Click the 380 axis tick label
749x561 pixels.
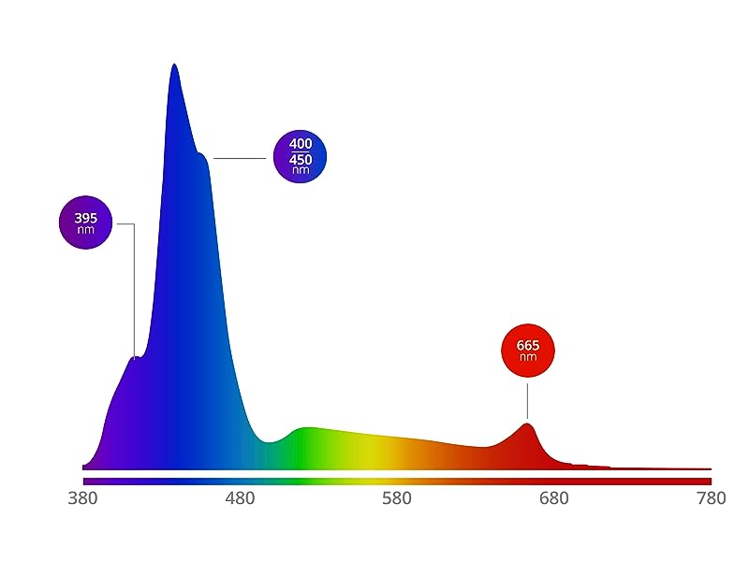coord(83,499)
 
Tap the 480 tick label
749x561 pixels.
coord(241,499)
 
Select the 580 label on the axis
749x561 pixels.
coord(397,499)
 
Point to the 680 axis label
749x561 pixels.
coord(554,499)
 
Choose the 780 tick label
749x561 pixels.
coord(711,499)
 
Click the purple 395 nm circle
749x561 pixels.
coord(85,223)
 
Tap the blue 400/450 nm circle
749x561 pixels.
coord(300,156)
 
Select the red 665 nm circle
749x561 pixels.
coord(528,351)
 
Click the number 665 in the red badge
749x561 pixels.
coord(528,345)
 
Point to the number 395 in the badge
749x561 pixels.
coord(85,218)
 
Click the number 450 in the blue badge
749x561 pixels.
coord(301,159)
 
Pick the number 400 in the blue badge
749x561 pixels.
coord(301,144)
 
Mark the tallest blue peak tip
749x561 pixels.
coord(174,65)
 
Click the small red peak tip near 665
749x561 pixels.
coord(528,424)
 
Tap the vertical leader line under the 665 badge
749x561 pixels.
coord(527,400)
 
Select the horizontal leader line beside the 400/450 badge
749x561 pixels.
coord(240,158)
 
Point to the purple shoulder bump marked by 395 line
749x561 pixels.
coord(136,357)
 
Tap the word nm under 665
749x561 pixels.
coord(528,357)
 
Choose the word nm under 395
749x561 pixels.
coord(85,229)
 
